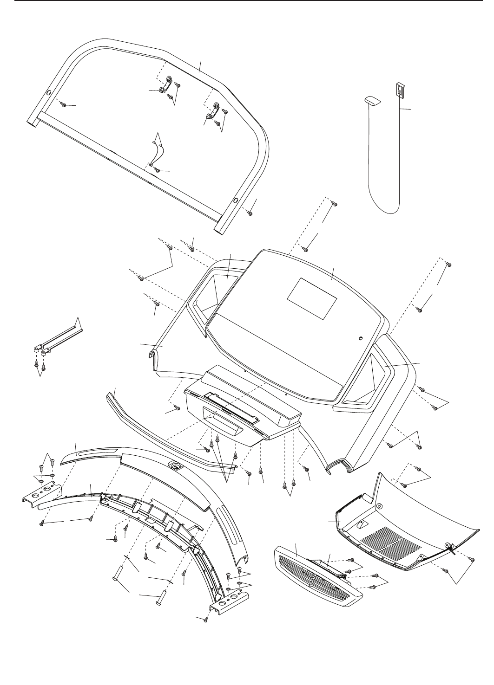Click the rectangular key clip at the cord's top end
(x=399, y=89)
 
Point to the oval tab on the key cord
(x=371, y=100)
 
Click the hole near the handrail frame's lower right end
(x=236, y=200)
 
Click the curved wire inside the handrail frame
(x=158, y=149)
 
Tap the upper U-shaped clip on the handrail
(x=166, y=85)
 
